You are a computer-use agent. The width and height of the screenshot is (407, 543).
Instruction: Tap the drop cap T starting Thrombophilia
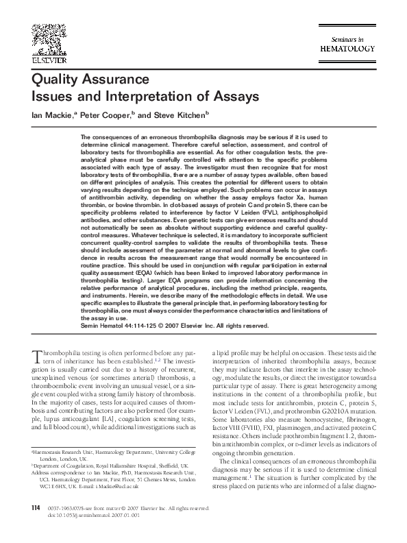coord(37,355)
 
